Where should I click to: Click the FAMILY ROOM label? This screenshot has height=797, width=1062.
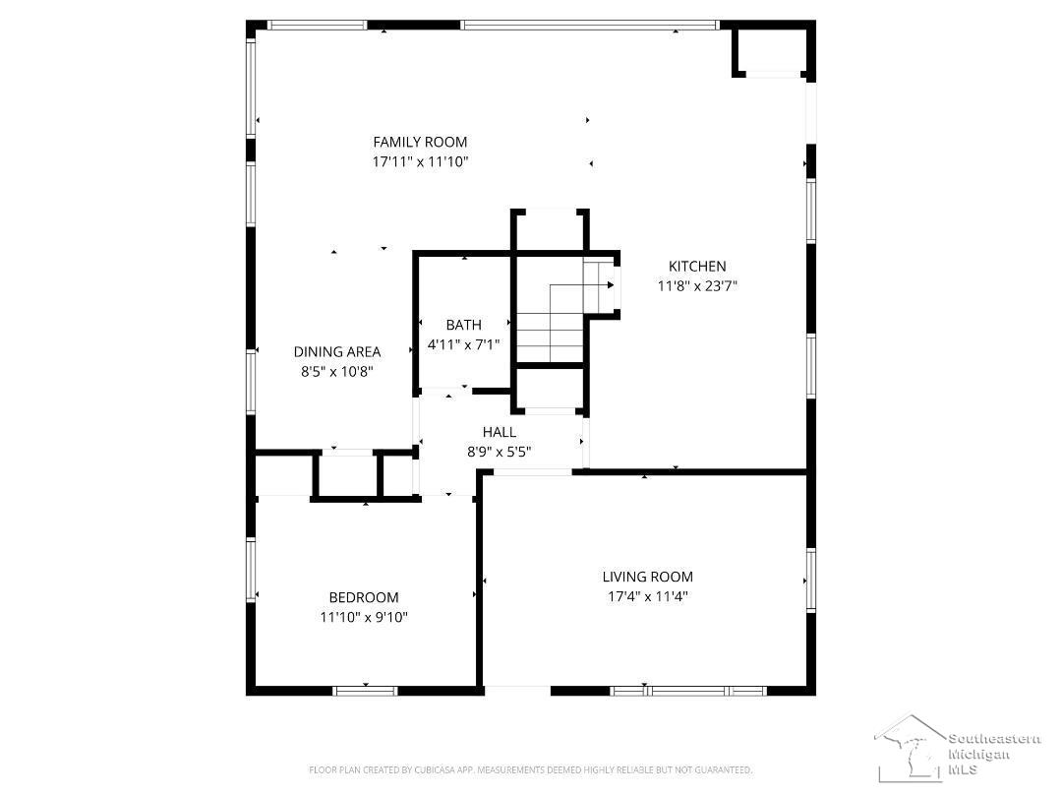tap(420, 142)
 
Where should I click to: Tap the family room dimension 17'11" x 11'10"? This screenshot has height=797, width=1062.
tap(420, 162)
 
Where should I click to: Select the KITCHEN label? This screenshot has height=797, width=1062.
tap(697, 267)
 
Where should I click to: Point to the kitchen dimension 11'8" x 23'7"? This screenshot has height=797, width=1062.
tap(697, 286)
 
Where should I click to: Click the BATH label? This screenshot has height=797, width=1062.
tap(464, 325)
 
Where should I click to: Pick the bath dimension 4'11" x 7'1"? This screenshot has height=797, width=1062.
tap(464, 344)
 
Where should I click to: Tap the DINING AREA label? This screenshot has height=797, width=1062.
tap(337, 351)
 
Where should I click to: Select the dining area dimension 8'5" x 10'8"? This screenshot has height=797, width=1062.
tap(337, 371)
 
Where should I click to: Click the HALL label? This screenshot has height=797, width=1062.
tap(500, 432)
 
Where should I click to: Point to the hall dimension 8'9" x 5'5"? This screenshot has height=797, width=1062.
tap(500, 452)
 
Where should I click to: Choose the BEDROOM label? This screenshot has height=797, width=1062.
tap(364, 597)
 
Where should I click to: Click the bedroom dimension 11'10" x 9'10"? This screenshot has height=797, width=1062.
tap(364, 617)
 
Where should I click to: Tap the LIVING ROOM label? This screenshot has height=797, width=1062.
tap(647, 577)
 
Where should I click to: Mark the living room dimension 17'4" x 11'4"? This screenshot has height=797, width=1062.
tap(647, 596)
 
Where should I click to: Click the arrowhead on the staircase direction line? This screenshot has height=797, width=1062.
tap(611, 284)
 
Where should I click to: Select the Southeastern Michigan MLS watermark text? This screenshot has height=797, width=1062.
tap(993, 754)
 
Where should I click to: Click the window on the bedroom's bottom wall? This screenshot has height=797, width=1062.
tap(365, 692)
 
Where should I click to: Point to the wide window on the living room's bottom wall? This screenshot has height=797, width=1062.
tap(688, 692)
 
